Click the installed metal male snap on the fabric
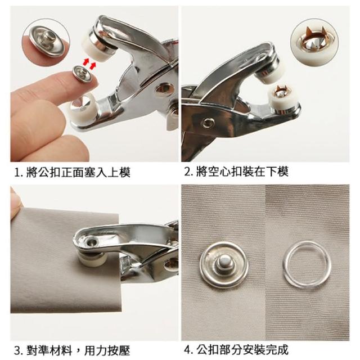[224, 264]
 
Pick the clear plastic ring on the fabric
[307, 264]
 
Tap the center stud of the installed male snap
[223, 262]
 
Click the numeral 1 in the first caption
[16, 173]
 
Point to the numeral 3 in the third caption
[17, 350]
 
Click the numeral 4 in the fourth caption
[188, 350]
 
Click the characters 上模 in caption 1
[119, 172]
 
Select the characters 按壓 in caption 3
[119, 350]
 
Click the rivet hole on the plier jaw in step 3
[92, 241]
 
